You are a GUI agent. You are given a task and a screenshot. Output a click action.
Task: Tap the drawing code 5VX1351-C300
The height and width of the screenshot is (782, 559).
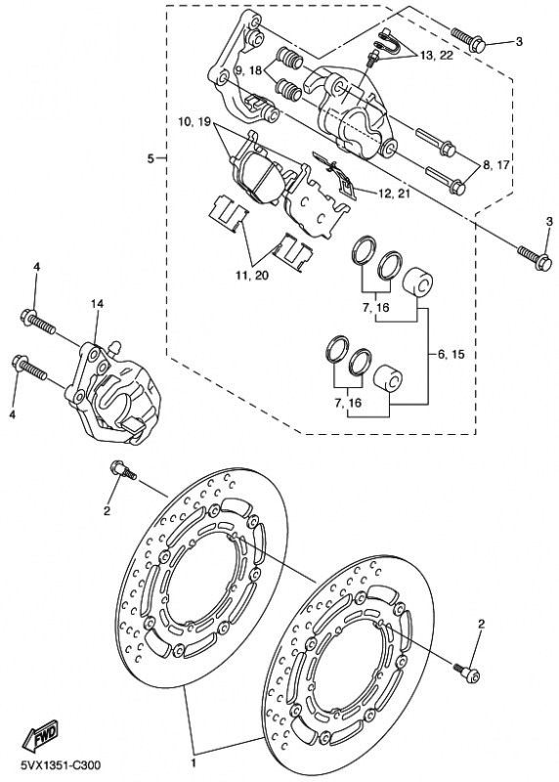pos(61,765)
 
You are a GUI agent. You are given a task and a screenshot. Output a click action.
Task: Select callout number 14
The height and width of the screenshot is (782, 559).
pos(97,303)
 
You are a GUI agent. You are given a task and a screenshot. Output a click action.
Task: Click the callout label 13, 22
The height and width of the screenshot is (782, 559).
pos(436,56)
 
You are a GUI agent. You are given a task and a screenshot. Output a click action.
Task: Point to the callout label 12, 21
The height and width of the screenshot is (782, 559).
pos(394,193)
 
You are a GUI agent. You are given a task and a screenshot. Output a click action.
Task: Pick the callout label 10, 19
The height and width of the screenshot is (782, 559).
pos(194,121)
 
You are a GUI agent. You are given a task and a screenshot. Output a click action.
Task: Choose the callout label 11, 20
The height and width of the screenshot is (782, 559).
pos(252,275)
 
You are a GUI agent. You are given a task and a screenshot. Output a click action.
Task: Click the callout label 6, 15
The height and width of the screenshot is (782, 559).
pos(451,354)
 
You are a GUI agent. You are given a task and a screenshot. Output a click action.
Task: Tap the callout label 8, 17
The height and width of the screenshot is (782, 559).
pos(495,164)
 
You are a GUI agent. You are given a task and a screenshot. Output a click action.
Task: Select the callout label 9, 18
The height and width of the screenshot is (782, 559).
pos(248,70)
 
